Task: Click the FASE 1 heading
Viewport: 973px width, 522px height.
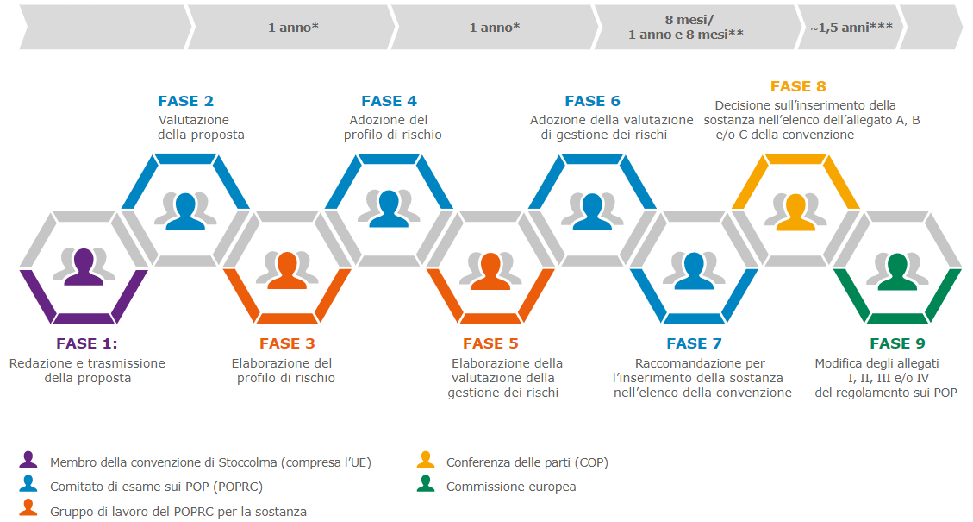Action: [86, 343]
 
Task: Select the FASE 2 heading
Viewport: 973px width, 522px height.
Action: [185, 101]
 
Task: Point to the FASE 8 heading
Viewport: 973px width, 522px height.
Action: [798, 86]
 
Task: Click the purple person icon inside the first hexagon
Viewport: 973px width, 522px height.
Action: [84, 267]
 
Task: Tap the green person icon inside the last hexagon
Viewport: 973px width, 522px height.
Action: [897, 270]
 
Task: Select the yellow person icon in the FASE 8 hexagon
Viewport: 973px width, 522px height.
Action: [795, 211]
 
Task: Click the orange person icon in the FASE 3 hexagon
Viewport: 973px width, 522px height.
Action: [287, 270]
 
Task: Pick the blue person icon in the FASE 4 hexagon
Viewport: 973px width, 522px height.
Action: [389, 208]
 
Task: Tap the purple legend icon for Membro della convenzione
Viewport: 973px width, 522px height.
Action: [28, 460]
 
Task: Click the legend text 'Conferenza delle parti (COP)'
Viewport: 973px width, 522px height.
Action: [527, 462]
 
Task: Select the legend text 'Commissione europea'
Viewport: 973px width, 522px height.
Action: [511, 487]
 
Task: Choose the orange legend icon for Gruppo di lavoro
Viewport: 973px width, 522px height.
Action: [28, 508]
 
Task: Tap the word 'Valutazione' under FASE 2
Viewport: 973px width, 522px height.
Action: [194, 120]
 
